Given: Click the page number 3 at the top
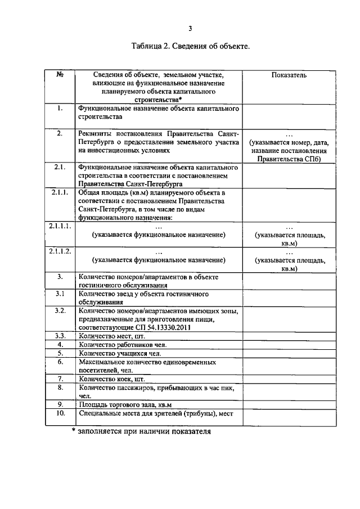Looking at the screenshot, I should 190,29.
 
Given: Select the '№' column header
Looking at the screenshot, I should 60,75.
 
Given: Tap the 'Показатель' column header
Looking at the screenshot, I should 289,75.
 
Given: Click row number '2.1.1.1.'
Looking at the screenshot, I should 59,226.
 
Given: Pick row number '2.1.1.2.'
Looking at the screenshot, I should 59,251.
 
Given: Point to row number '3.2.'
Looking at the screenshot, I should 60,310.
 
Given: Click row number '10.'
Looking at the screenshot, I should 60,413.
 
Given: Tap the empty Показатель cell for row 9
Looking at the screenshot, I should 289,404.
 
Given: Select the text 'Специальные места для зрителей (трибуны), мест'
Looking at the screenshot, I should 160,414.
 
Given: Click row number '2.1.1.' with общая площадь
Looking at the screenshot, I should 59,192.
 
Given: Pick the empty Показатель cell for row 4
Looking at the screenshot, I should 289,344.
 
